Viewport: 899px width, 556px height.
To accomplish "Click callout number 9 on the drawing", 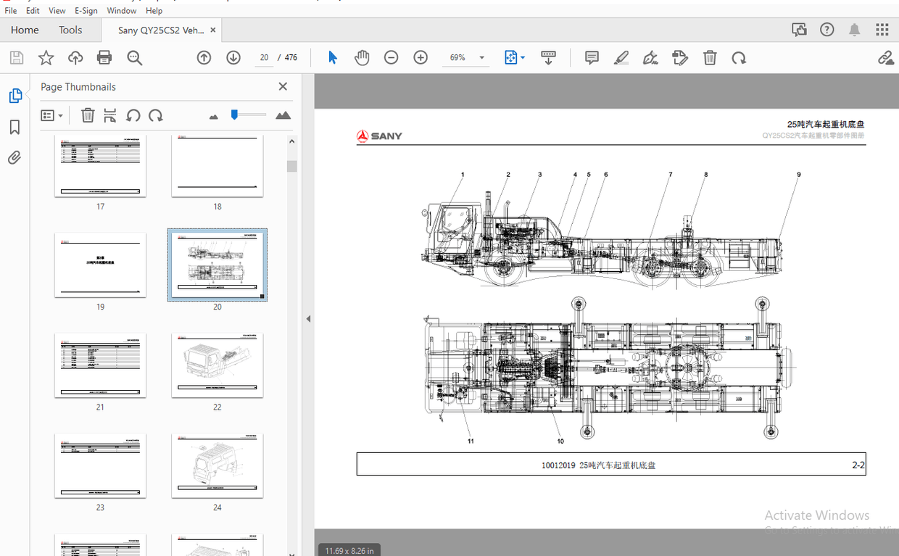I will coord(799,175).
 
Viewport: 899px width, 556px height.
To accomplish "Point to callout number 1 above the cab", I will coord(463,175).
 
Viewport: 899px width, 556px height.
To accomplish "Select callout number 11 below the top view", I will coord(471,441).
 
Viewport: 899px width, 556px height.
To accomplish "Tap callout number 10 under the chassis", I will coord(560,441).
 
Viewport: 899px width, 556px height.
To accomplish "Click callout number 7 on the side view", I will coord(671,175).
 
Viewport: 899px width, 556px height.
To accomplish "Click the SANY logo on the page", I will coord(379,136).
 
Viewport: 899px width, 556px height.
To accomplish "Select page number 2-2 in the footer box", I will coord(858,465).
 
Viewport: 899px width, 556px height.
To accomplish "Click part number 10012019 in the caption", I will coord(558,465).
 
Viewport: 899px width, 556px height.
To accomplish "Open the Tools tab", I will coord(70,30).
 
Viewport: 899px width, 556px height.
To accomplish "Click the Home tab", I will coord(25,30).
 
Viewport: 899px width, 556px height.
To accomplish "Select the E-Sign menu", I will coord(86,11).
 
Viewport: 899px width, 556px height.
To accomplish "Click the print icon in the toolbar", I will coord(104,58).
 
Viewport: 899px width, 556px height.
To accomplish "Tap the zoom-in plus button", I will coord(420,58).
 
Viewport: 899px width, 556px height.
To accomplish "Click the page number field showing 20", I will coord(264,58).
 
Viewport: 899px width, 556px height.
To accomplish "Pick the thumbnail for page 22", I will coord(217,365).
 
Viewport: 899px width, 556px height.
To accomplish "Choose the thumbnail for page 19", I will coord(100,265).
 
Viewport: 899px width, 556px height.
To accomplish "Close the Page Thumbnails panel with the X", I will coord(283,87).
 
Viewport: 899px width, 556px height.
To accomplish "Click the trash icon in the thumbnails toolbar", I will coord(88,115).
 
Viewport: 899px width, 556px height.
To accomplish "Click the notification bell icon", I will coord(855,30).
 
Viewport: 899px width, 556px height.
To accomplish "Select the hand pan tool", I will coord(362,58).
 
